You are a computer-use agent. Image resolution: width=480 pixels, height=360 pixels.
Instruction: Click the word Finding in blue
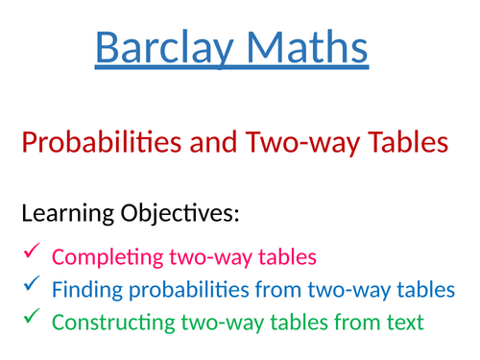point(83,287)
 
